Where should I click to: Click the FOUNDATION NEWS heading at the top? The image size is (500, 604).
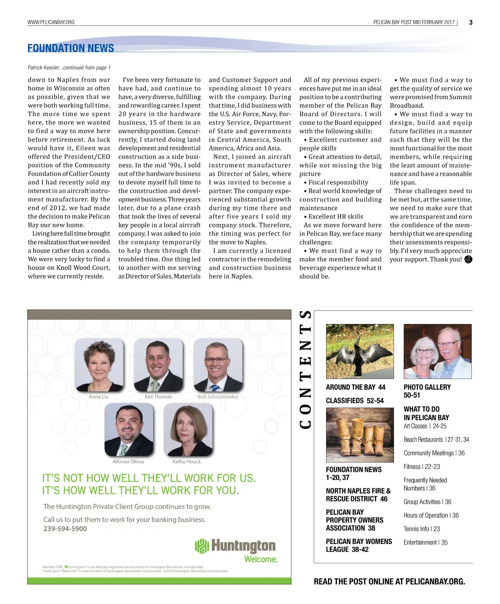point(71,48)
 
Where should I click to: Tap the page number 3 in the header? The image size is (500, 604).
point(470,22)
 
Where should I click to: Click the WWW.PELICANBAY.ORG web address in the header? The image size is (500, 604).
point(51,22)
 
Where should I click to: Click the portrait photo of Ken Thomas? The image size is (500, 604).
point(158,365)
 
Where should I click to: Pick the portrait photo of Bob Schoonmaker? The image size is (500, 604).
point(218,365)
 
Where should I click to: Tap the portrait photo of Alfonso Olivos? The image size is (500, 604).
point(128,430)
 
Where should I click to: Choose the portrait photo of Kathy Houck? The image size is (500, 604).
point(188,430)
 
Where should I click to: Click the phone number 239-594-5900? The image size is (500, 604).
point(65,529)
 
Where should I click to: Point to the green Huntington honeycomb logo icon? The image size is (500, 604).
point(202,546)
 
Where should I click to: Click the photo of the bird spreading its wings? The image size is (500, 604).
point(359,351)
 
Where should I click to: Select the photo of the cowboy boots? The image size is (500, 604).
point(359,435)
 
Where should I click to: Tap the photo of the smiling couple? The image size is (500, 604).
point(437,351)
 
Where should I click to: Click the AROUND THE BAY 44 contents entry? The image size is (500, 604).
point(355,387)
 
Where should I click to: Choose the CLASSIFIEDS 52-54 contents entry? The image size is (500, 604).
point(354,401)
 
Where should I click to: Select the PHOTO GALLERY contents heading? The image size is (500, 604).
point(427,387)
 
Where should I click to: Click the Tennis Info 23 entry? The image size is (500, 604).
point(421,529)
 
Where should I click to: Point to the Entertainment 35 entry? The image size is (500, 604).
point(425,543)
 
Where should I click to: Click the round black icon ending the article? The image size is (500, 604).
point(468,260)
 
